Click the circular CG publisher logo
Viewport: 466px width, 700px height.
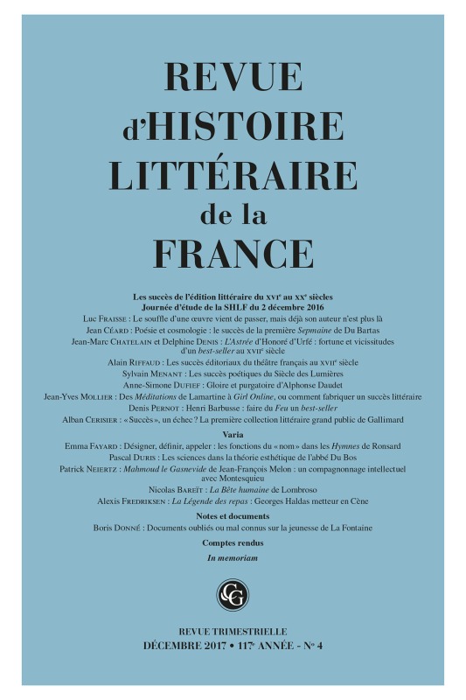[x=233, y=595]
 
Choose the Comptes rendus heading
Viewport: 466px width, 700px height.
[x=232, y=543]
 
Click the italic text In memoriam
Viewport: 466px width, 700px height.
[x=232, y=557]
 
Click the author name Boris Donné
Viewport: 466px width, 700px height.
[x=115, y=529]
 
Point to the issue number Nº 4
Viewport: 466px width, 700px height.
[x=310, y=646]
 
